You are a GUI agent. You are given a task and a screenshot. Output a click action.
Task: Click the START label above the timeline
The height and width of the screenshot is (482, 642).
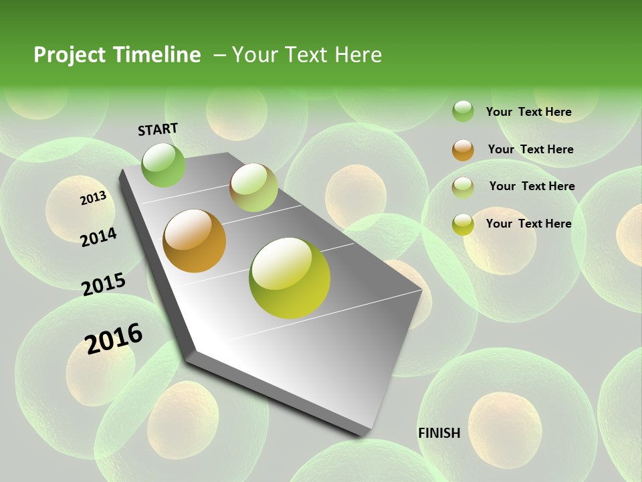click(158, 129)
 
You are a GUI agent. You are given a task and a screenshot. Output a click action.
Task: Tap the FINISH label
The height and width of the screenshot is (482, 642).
click(439, 433)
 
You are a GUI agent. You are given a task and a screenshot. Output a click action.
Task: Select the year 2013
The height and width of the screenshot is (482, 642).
click(93, 198)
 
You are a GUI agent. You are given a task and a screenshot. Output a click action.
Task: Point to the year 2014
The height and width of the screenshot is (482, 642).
click(98, 237)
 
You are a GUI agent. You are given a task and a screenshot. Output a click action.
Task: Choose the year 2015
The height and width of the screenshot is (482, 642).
click(104, 285)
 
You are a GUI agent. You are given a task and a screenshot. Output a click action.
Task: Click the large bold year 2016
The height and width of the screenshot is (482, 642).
click(114, 338)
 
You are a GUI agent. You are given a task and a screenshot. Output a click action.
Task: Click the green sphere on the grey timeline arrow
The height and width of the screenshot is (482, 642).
click(163, 165)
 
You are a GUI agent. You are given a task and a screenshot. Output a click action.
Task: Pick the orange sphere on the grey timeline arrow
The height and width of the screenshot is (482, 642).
click(195, 241)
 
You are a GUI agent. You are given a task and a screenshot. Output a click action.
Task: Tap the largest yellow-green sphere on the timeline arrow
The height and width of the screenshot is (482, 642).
click(290, 278)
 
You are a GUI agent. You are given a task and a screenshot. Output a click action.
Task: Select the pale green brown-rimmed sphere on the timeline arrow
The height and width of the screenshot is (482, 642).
click(253, 187)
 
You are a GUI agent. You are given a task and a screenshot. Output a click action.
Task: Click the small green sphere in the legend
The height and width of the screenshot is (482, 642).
click(463, 111)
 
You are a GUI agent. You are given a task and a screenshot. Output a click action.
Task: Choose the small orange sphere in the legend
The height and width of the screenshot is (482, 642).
click(463, 150)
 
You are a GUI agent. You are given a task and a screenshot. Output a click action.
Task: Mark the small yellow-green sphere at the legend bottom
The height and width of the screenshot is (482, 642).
click(463, 224)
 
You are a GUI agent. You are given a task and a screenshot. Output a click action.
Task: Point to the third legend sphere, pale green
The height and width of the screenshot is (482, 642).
click(463, 187)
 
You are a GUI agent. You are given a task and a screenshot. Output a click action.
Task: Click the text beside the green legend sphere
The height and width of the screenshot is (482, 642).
click(528, 112)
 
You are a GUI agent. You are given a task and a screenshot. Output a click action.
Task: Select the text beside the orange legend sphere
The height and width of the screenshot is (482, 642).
click(530, 149)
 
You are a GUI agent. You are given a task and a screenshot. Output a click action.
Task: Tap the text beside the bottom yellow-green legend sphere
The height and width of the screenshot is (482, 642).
click(528, 224)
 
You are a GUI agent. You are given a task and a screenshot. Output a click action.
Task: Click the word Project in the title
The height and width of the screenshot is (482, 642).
click(70, 55)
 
